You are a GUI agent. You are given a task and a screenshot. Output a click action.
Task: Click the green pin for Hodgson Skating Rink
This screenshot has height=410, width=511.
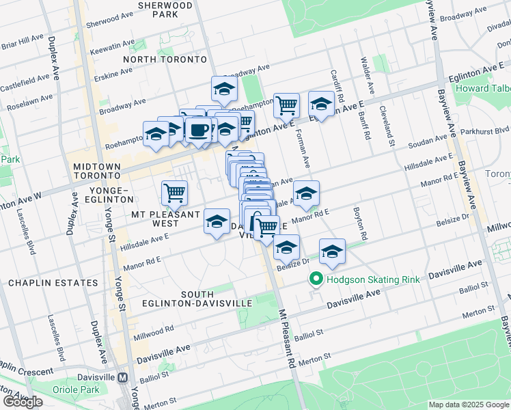(316, 279)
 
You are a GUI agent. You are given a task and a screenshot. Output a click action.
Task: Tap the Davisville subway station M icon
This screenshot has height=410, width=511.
(123, 377)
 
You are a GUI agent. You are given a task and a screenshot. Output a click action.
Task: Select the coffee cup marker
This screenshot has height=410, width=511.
(198, 130)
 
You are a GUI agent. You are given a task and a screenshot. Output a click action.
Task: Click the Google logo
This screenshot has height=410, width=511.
(23, 402)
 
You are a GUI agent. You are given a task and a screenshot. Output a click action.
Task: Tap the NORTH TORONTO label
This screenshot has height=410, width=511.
(165, 59)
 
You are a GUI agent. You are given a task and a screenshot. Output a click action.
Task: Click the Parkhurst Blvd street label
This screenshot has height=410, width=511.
(488, 130)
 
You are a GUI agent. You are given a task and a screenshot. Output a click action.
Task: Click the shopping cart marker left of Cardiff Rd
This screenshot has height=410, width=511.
(286, 105)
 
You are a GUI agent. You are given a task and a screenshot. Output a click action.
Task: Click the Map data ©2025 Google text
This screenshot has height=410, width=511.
(469, 405)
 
